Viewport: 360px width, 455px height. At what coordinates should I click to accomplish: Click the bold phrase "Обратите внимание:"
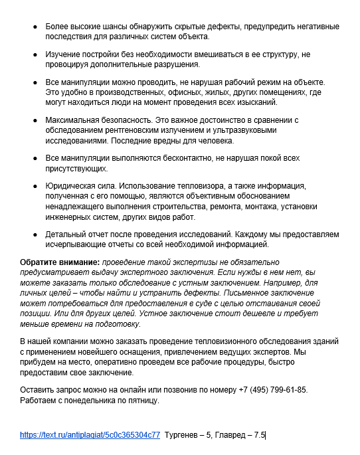pyautogui.click(x=60, y=262)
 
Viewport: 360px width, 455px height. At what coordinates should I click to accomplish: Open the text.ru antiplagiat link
pyautogui.click(x=90, y=435)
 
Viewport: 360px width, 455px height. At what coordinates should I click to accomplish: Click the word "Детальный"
pyautogui.click(x=66, y=234)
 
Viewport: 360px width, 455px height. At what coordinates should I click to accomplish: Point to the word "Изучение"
pyautogui.click(x=64, y=53)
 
